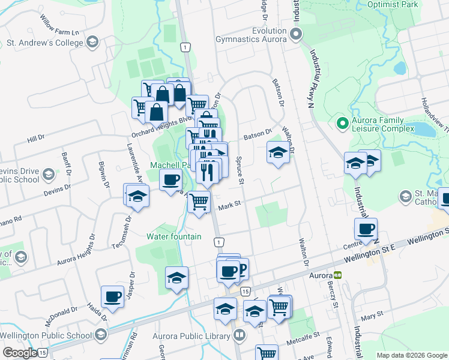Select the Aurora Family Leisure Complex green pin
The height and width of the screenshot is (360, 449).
(x=343, y=124)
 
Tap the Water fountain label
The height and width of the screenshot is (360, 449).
(x=174, y=236)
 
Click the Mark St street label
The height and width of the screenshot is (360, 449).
(x=229, y=205)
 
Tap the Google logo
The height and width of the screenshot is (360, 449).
(x=19, y=352)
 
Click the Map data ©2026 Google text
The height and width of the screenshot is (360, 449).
(x=411, y=355)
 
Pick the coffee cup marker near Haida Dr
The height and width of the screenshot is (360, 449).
(x=112, y=296)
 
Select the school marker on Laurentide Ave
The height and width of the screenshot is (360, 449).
(x=137, y=196)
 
